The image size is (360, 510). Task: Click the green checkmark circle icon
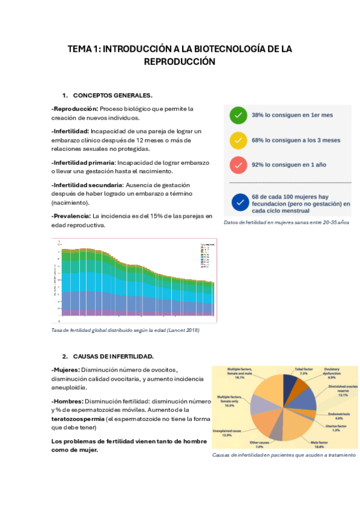239,114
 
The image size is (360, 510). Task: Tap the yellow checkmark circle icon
239,140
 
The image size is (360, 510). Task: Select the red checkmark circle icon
239,165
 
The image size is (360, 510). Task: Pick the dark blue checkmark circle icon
240,203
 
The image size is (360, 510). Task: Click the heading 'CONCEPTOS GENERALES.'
112,96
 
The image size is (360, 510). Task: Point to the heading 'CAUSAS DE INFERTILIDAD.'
113,356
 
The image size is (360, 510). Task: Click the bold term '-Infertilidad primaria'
83,163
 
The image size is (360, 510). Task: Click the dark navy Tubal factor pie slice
290,386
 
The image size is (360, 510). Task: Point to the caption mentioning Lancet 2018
125,330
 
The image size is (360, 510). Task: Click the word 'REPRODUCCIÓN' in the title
179,61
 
